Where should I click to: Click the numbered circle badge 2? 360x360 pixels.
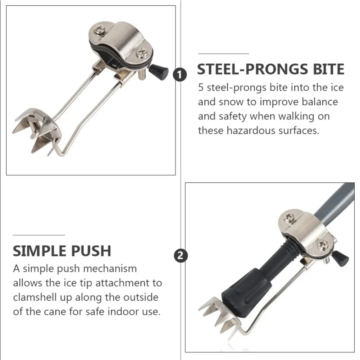point(181,256)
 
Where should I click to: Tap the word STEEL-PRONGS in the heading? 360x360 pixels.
point(252,69)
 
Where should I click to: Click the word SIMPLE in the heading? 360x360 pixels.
point(40,251)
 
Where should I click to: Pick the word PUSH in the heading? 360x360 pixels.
point(91,251)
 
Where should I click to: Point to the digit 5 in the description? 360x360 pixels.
point(201,87)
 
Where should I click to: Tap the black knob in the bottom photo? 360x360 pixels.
point(341,258)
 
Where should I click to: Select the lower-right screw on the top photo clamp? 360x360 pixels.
point(141,53)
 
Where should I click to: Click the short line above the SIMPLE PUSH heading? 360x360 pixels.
point(39,235)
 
